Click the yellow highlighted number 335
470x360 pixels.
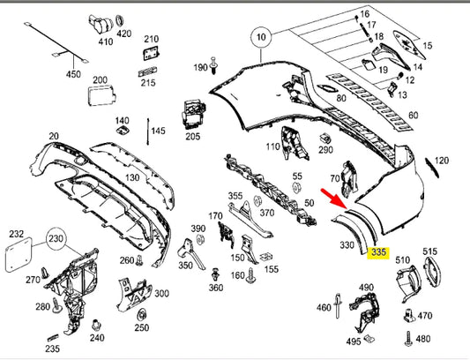coord(379,252)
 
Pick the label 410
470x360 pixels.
coord(105,41)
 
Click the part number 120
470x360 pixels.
coord(442,161)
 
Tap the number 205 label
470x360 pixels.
coord(193,137)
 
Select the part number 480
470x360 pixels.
coord(423,339)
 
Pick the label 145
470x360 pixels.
coord(158,131)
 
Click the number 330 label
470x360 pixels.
coord(347,245)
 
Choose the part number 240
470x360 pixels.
coord(97,336)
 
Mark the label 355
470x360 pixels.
coord(235,195)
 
